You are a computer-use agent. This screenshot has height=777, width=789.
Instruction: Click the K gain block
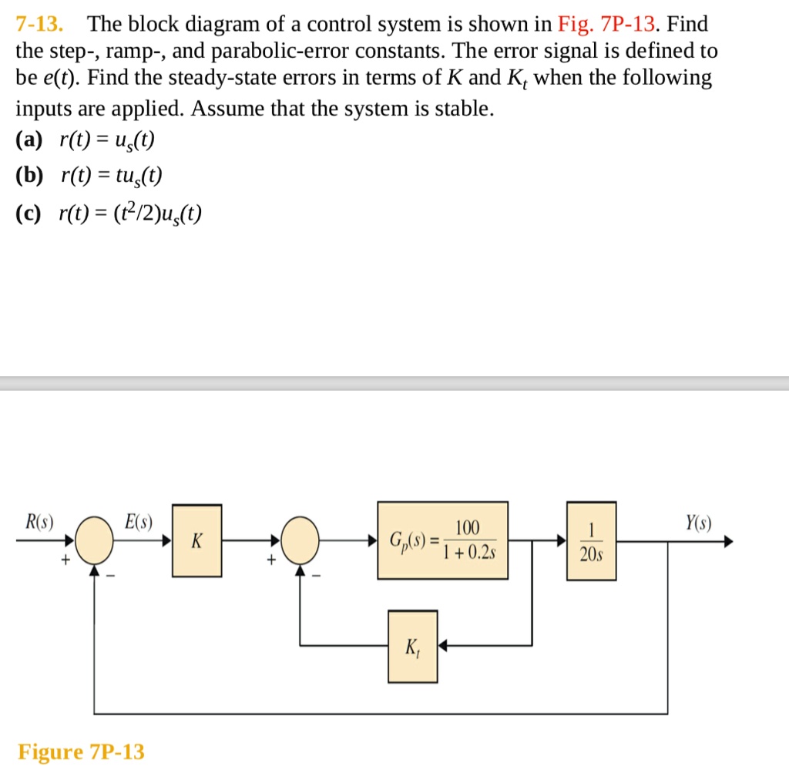point(196,541)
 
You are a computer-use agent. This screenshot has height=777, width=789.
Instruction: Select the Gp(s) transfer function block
point(442,540)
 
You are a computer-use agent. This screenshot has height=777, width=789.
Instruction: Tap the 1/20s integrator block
point(592,540)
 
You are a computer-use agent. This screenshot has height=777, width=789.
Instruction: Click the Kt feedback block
point(412,647)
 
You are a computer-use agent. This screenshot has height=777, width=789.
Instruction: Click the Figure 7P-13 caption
point(81,752)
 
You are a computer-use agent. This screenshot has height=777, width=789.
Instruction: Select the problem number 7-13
point(39,24)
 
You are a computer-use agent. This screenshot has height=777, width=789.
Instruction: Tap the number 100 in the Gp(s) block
point(467,528)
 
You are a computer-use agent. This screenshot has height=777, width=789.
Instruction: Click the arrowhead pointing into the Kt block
point(443,646)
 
